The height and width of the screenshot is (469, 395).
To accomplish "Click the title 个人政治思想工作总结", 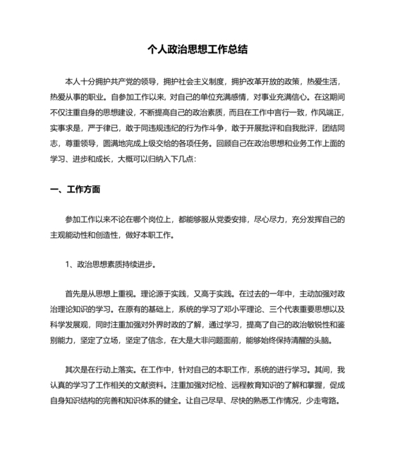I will click(x=197, y=50).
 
